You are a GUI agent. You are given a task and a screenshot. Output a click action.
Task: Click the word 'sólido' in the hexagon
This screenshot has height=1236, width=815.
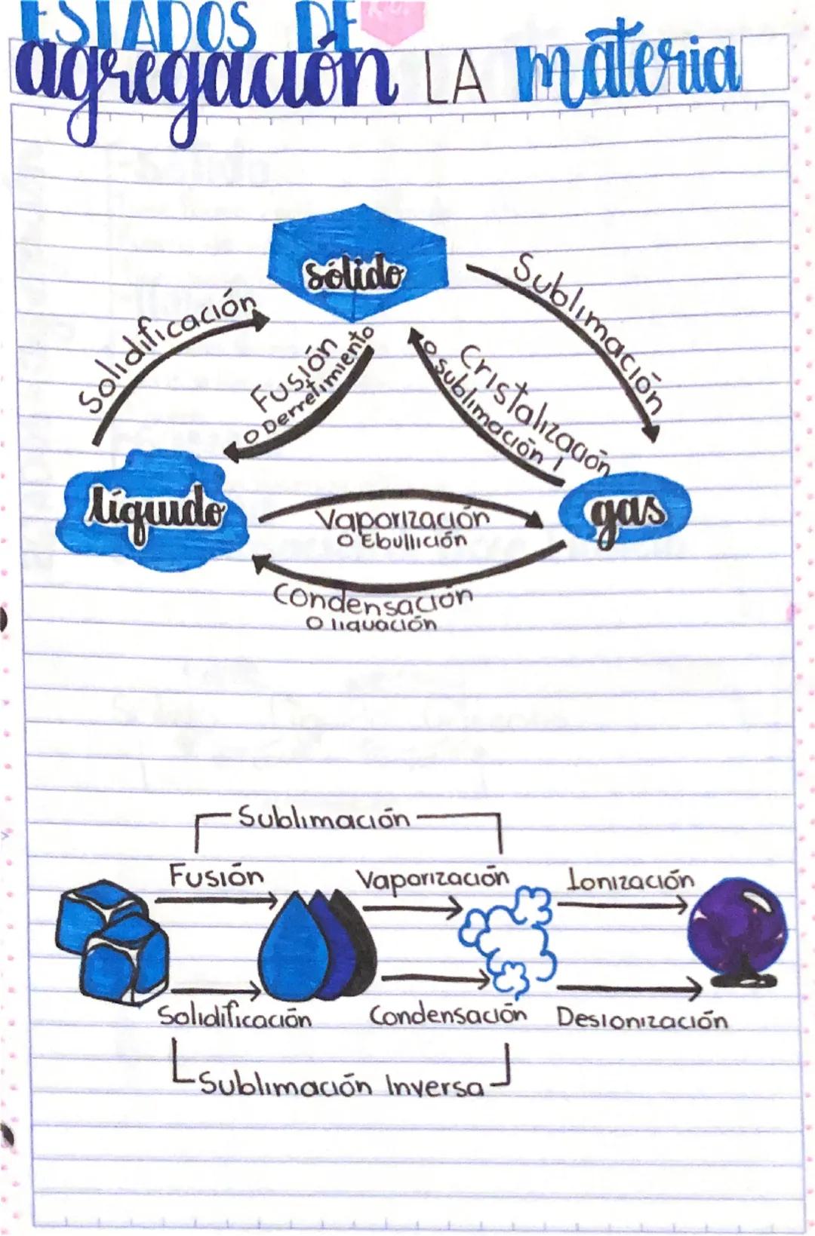click(x=352, y=274)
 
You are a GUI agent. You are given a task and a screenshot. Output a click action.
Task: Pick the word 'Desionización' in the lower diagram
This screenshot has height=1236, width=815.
click(x=642, y=1019)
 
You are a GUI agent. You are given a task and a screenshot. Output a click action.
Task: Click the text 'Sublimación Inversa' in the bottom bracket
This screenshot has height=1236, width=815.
click(x=340, y=1086)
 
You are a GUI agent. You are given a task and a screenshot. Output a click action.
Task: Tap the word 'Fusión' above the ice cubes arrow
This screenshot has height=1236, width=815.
click(x=216, y=876)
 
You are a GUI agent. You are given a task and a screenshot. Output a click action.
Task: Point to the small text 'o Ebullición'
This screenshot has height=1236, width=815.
click(x=401, y=541)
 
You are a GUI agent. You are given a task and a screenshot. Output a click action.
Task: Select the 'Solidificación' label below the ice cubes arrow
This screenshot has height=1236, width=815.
click(x=234, y=1018)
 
